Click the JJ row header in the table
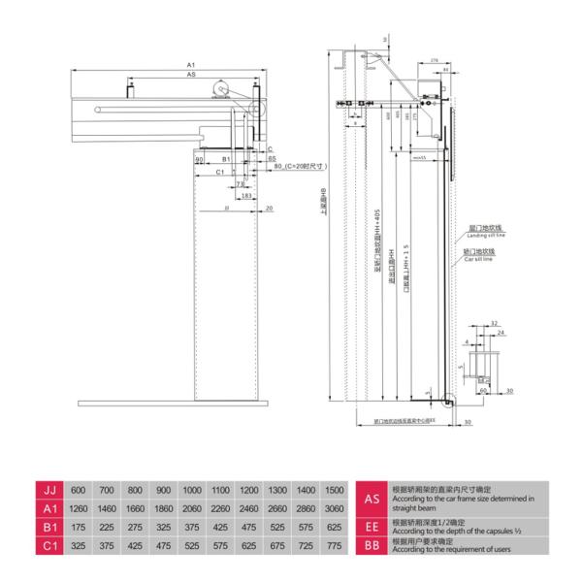pyautogui.click(x=48, y=490)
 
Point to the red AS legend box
pyautogui.click(x=371, y=499)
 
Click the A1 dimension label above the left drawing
pyautogui.click(x=191, y=64)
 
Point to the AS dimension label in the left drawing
pyautogui.click(x=191, y=74)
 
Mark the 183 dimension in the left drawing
pyautogui.click(x=246, y=195)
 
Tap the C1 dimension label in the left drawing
pyautogui.click(x=220, y=171)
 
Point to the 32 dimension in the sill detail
pyautogui.click(x=494, y=323)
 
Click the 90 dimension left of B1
pyautogui.click(x=199, y=157)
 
